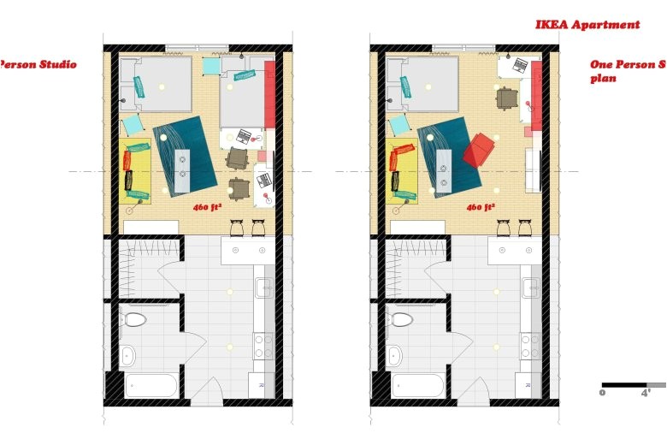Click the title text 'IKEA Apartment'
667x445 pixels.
587,25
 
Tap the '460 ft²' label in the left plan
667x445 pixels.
207,207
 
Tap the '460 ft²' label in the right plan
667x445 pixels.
480,207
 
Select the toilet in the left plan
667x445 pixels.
134,320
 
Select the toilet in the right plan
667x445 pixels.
401,320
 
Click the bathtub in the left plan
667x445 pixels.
151,384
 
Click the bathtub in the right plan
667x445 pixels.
417,384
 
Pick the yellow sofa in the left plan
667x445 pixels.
138,170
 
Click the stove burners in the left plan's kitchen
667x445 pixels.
263,346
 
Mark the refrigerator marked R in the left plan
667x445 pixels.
262,385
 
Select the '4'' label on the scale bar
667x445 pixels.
646,394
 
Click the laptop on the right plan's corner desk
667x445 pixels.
519,65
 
